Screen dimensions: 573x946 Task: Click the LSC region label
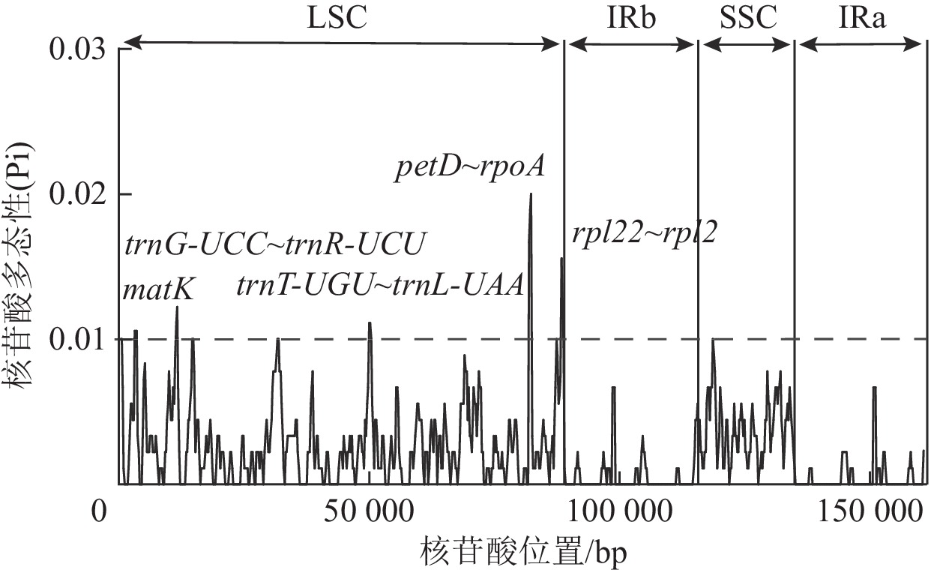point(337,16)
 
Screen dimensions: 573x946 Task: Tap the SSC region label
point(747,16)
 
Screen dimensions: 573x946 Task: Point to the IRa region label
point(863,16)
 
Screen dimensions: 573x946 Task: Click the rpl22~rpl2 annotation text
point(643,234)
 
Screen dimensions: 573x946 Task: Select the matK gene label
point(158,289)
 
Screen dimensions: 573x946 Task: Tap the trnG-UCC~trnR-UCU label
point(274,244)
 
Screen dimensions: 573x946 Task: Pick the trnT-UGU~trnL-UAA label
point(379,286)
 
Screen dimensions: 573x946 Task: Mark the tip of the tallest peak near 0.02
point(531,194)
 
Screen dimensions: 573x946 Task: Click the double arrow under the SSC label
point(747,46)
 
